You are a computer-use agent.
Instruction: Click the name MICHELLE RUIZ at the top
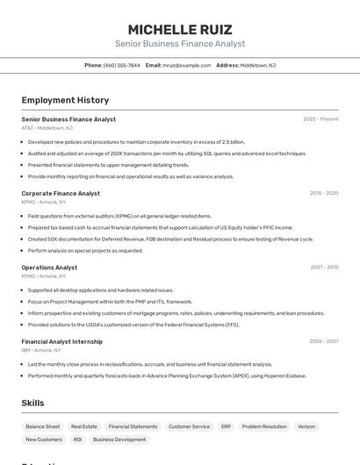180,29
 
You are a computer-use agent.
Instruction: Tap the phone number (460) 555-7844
121,65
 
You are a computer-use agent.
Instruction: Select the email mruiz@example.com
186,65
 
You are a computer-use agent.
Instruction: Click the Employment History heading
65,100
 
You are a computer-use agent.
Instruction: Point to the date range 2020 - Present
320,119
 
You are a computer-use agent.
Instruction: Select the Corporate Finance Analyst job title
61,193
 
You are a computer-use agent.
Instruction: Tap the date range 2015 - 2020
324,193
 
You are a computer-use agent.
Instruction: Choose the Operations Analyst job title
49,268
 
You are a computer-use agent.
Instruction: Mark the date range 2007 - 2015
324,268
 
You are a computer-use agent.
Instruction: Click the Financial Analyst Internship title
61,341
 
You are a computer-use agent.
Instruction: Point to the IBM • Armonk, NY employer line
43,350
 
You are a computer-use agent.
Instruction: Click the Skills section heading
32,403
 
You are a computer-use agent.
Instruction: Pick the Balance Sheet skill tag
43,426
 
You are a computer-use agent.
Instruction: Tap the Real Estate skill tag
84,426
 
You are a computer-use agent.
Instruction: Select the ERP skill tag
226,426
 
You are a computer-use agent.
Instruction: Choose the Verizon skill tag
306,426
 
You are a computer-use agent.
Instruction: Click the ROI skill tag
77,440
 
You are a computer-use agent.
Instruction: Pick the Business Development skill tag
119,440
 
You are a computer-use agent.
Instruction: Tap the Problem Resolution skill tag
264,426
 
